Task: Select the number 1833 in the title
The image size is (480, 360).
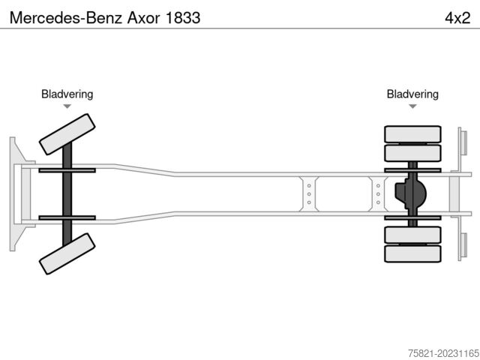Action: (183, 16)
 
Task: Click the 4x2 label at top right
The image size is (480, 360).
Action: (456, 16)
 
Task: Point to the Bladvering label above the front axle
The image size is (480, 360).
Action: (67, 94)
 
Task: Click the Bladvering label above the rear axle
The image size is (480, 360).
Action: (412, 94)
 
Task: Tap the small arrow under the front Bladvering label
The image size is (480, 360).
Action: (67, 106)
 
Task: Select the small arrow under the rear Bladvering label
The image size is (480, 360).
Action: (412, 106)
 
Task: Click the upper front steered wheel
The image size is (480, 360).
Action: (67, 133)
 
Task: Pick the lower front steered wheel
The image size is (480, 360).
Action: (67, 253)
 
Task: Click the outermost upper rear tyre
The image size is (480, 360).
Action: (412, 134)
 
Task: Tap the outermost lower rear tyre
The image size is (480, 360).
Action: (412, 253)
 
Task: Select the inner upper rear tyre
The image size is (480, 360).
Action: (412, 153)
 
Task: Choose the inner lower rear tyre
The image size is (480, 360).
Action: (412, 235)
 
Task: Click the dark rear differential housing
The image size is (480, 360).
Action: (412, 193)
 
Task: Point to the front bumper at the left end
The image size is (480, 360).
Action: (14, 193)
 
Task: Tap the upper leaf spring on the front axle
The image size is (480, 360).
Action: (67, 170)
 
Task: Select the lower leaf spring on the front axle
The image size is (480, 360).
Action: (67, 217)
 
